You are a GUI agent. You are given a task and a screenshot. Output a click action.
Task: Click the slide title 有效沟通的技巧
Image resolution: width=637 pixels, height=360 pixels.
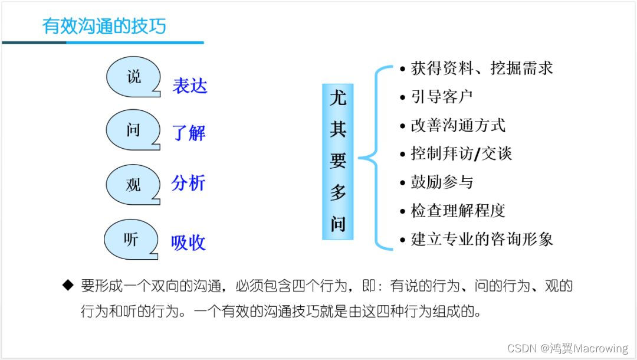(x=104, y=26)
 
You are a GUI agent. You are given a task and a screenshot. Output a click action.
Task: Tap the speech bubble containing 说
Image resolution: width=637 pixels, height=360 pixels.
(x=134, y=77)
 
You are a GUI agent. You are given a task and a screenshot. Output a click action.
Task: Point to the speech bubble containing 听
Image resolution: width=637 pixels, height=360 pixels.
(x=131, y=240)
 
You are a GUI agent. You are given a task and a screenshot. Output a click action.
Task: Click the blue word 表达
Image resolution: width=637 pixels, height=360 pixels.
(x=190, y=86)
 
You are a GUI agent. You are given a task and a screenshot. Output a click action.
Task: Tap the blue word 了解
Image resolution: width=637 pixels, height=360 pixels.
(x=189, y=133)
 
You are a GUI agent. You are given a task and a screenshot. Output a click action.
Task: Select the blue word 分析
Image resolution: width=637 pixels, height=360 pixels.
(x=188, y=184)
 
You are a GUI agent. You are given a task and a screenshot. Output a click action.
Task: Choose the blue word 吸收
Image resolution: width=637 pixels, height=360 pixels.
(x=188, y=243)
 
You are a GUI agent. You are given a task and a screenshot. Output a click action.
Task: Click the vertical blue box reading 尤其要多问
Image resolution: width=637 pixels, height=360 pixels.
(x=337, y=161)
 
